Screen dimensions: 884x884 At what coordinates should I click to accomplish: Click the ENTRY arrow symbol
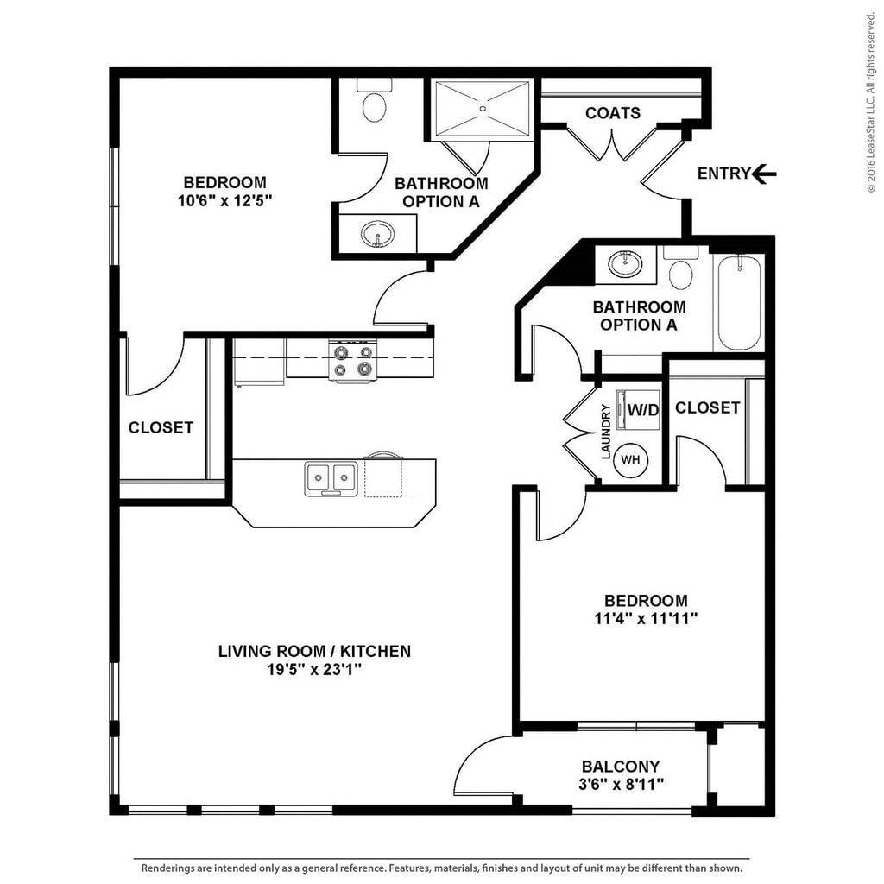pos(764,174)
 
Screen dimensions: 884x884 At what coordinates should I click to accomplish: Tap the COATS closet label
pos(613,113)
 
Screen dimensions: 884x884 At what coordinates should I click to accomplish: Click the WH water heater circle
pos(631,460)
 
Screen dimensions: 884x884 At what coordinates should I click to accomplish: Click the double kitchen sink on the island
pos(331,477)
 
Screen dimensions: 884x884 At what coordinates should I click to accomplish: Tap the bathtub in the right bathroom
pos(740,301)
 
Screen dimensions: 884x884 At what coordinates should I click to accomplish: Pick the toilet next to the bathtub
pos(681,271)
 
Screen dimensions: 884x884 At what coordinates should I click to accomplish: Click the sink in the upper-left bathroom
pos(377,233)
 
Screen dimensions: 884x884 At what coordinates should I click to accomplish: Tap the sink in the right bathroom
pos(624,263)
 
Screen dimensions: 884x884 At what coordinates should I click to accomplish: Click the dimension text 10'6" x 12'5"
pos(224,200)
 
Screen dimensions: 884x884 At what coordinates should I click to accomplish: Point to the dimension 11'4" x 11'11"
pos(646,619)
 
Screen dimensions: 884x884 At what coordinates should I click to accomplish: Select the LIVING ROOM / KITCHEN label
pos(314,651)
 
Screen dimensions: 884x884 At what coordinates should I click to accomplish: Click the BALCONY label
pos(621,766)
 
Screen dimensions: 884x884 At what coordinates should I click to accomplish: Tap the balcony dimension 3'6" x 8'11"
pos(621,784)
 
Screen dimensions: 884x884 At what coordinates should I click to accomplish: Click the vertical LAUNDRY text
pos(606,432)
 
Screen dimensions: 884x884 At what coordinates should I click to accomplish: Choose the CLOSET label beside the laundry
pos(708,407)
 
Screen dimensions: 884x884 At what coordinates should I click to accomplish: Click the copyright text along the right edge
pos(872,104)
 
